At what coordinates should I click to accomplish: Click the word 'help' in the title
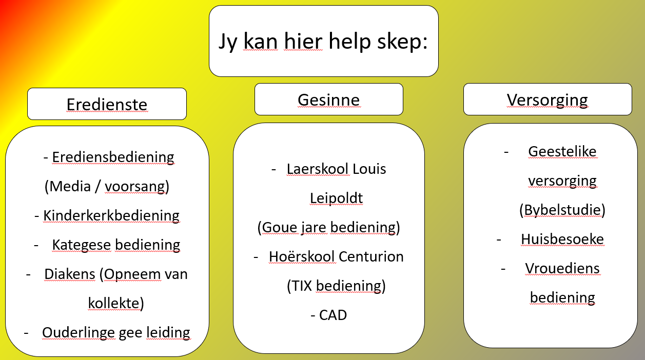click(x=349, y=41)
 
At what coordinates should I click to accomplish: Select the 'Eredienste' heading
click(x=107, y=104)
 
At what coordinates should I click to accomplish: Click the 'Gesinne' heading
click(x=328, y=100)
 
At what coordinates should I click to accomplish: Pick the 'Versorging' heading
click(x=547, y=101)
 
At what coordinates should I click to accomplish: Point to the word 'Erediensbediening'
click(x=113, y=157)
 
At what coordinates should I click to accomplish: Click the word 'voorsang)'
click(x=137, y=187)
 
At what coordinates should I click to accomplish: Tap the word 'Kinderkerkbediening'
click(x=111, y=215)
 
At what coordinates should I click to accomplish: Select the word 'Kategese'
click(x=82, y=245)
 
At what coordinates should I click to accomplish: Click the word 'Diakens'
click(x=70, y=274)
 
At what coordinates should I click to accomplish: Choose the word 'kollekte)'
click(x=116, y=303)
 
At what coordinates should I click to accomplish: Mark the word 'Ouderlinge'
click(x=79, y=333)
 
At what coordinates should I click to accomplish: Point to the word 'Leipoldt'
click(x=336, y=198)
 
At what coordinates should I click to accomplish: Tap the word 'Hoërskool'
click(x=302, y=256)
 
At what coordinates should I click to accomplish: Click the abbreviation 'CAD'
click(x=333, y=315)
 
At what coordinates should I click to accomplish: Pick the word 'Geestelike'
click(x=562, y=152)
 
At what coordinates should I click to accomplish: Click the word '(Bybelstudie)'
click(x=562, y=210)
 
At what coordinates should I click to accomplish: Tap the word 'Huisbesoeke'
click(x=562, y=239)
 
